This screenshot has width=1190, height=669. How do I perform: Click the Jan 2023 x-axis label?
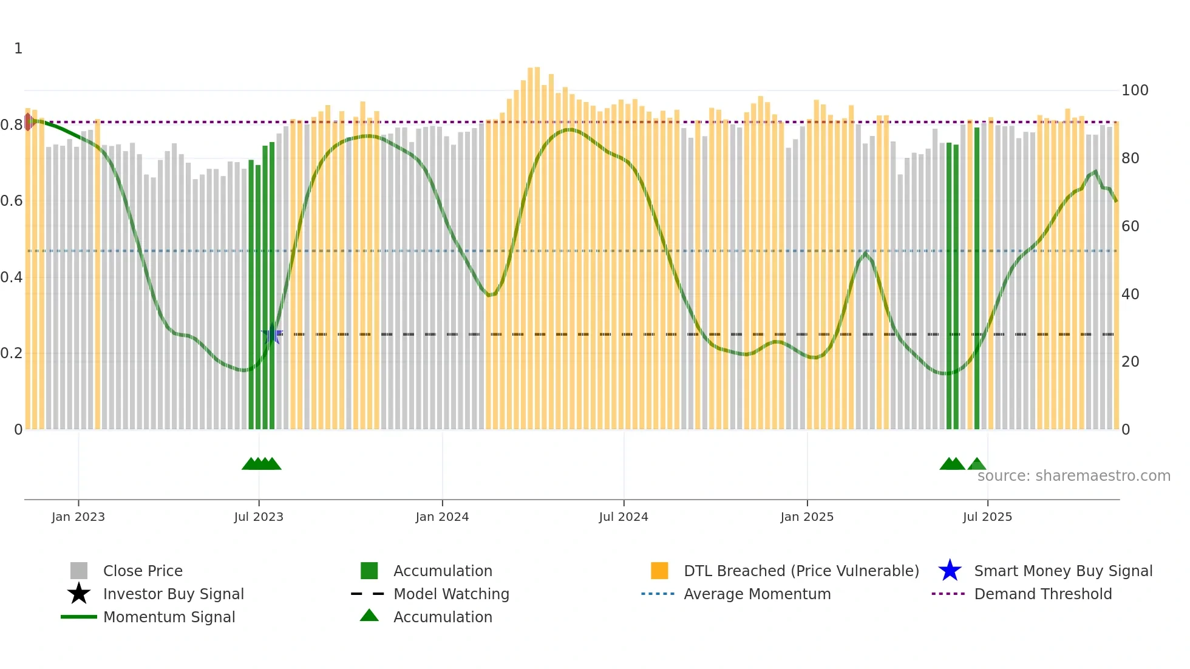click(78, 517)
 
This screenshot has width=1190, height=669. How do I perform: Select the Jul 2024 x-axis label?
click(624, 517)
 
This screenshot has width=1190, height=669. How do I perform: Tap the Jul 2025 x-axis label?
click(987, 517)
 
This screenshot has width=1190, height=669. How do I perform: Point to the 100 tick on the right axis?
click(1135, 90)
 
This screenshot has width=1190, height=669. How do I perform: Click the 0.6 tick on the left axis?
click(12, 201)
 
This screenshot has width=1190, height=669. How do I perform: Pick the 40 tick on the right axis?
click(1130, 294)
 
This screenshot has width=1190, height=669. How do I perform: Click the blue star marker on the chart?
click(271, 334)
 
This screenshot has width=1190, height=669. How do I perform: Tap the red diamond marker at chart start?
click(28, 122)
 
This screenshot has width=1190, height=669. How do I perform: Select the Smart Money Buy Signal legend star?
click(950, 571)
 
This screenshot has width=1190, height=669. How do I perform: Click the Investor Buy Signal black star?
click(79, 594)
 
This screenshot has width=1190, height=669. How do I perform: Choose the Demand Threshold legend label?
click(1042, 594)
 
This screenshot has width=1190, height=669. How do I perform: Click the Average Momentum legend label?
click(757, 594)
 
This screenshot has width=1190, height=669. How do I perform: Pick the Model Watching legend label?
click(451, 594)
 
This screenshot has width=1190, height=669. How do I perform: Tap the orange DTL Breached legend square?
click(659, 571)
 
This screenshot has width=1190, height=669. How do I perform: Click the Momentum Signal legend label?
click(169, 617)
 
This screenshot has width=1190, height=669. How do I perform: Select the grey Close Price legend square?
click(79, 571)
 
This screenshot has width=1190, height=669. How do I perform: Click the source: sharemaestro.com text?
click(1073, 475)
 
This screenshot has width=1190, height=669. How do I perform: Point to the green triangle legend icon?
click(369, 616)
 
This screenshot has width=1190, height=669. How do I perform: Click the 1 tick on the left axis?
click(18, 49)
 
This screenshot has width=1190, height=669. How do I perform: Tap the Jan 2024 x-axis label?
click(442, 517)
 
